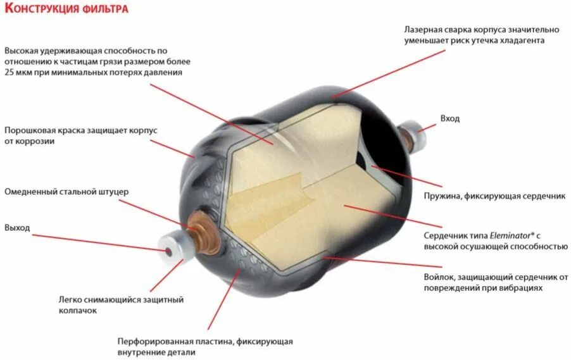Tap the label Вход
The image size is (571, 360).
(x=450, y=118)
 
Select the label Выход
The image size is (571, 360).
(x=17, y=227)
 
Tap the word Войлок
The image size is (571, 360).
(x=441, y=277)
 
